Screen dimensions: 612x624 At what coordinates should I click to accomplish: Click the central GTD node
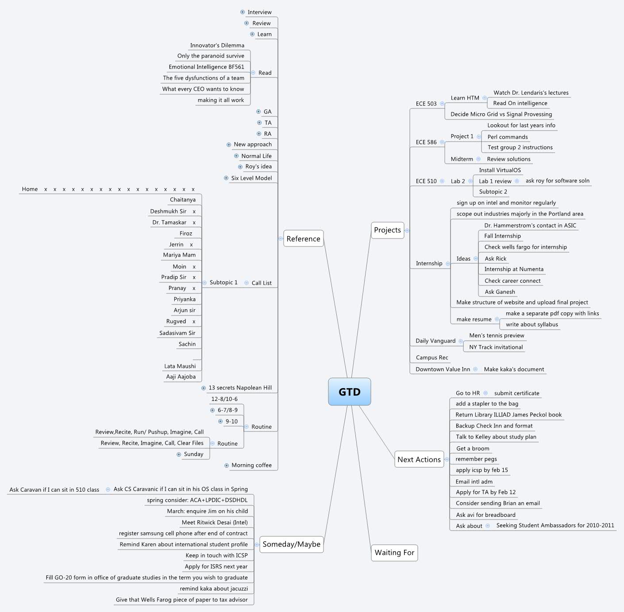tap(349, 392)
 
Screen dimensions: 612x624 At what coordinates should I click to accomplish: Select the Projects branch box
tap(387, 230)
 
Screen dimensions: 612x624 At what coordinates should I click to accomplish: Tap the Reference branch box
tap(303, 239)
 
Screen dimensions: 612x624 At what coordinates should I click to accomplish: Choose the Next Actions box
tap(419, 460)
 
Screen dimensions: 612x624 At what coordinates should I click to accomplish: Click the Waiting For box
tap(394, 553)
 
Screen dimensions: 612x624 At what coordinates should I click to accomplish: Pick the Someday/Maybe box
tap(291, 544)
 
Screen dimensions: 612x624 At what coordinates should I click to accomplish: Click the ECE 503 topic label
tap(426, 104)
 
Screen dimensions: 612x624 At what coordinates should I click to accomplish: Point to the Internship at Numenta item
tap(513, 269)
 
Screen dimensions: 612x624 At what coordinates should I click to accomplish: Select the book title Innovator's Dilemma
tap(217, 46)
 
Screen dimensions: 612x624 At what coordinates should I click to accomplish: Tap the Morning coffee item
tap(251, 466)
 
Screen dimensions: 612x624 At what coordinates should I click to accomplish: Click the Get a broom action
tap(473, 449)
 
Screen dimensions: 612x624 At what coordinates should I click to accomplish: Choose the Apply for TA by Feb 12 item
tap(485, 493)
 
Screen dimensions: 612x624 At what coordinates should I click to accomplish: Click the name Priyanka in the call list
tap(184, 300)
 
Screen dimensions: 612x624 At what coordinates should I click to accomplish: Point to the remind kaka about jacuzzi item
tap(214, 589)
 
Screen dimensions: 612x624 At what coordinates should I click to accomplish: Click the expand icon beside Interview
tap(243, 12)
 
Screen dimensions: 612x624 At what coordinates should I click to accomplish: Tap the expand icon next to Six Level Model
tap(226, 178)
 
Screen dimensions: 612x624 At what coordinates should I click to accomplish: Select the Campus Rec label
tap(431, 358)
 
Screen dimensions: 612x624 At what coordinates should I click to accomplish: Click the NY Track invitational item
tap(496, 347)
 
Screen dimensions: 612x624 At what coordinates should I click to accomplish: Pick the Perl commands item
tap(507, 137)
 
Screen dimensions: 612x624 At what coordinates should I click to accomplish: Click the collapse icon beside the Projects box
tap(407, 231)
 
